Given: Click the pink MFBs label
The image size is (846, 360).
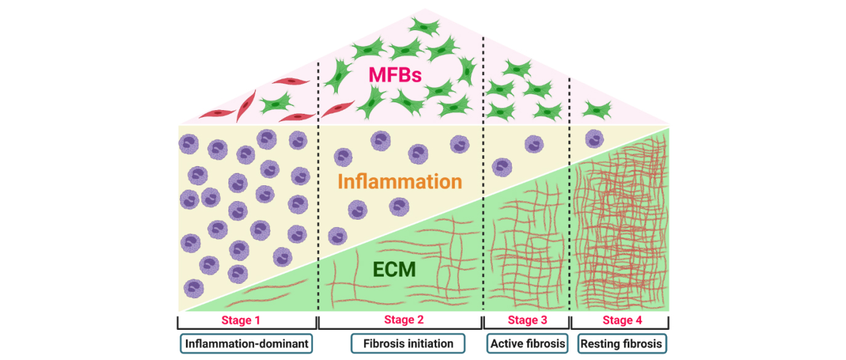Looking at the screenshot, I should [x=394, y=76].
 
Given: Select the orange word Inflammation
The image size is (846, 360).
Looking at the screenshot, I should [x=400, y=182].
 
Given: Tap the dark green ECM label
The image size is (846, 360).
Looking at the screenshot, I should [x=394, y=270].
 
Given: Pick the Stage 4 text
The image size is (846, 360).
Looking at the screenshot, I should [x=622, y=320].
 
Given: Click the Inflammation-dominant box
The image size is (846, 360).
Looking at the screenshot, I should [x=246, y=343].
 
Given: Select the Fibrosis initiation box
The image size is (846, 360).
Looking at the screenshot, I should [x=409, y=343].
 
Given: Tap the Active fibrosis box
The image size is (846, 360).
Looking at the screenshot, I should [x=527, y=343].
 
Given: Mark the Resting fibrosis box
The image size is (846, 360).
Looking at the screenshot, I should [x=623, y=343].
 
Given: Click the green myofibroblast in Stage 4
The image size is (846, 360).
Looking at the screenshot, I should [x=595, y=110].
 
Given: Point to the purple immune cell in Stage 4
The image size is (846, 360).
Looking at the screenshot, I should [x=594, y=138].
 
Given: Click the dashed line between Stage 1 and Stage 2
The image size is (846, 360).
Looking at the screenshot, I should [x=318, y=185].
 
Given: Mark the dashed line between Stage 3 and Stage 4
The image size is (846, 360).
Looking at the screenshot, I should [x=570, y=185].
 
